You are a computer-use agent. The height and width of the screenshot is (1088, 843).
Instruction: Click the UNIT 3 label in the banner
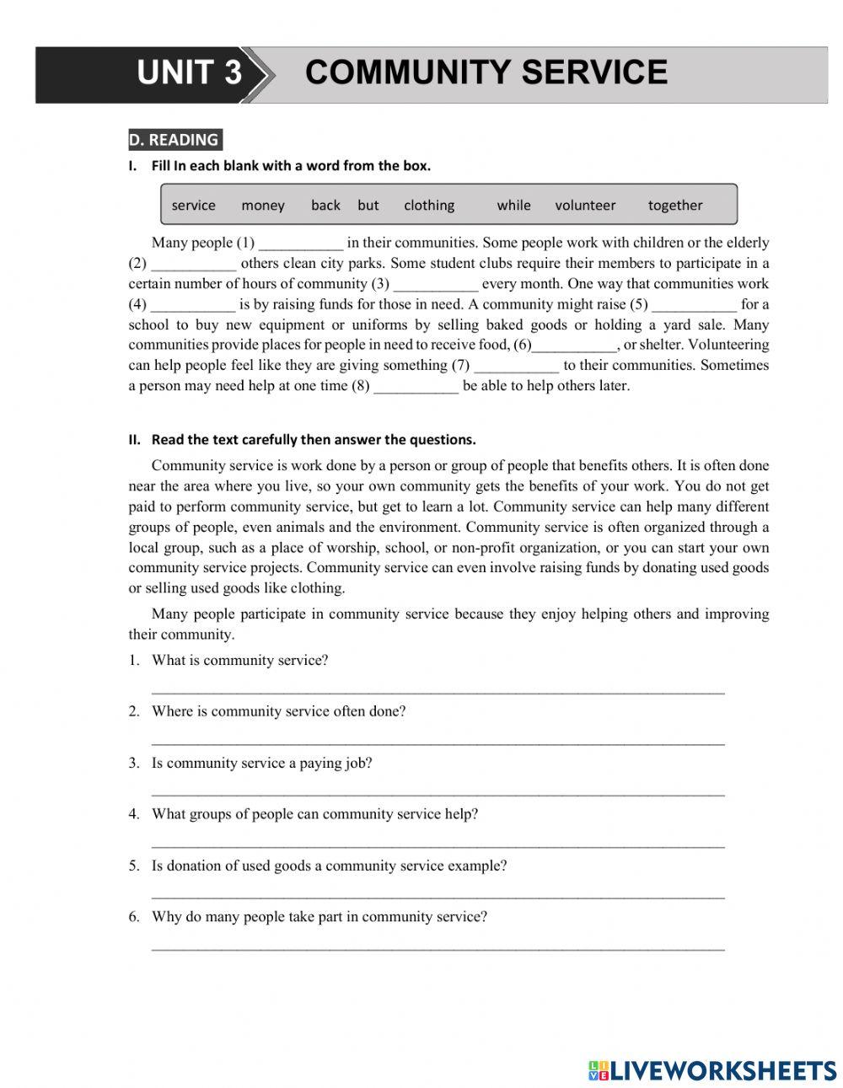[189, 72]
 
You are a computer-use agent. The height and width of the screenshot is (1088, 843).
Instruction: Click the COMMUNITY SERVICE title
[486, 72]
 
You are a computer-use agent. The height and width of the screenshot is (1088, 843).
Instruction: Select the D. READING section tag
[174, 140]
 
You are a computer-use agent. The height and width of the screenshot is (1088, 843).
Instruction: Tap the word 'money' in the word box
[262, 206]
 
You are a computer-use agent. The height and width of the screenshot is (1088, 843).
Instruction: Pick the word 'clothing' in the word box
[428, 206]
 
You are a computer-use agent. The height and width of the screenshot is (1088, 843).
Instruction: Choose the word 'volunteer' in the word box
[585, 206]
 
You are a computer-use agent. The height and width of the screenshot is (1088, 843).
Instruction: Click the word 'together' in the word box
[674, 206]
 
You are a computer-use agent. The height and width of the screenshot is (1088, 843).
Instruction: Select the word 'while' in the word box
[513, 206]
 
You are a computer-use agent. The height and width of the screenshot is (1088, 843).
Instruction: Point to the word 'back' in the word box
[325, 206]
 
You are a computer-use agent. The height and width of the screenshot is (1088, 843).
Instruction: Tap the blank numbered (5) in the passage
[694, 306]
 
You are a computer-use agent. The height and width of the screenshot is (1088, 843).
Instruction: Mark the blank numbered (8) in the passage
[416, 388]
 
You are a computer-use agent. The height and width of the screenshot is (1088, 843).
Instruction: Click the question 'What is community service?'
[239, 661]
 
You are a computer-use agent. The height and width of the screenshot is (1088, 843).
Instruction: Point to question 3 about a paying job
[261, 764]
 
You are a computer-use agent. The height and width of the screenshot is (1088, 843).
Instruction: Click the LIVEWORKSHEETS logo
[712, 1070]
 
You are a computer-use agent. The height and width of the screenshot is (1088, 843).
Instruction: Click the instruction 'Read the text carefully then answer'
[313, 439]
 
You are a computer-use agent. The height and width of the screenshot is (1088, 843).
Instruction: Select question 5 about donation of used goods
[329, 866]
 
